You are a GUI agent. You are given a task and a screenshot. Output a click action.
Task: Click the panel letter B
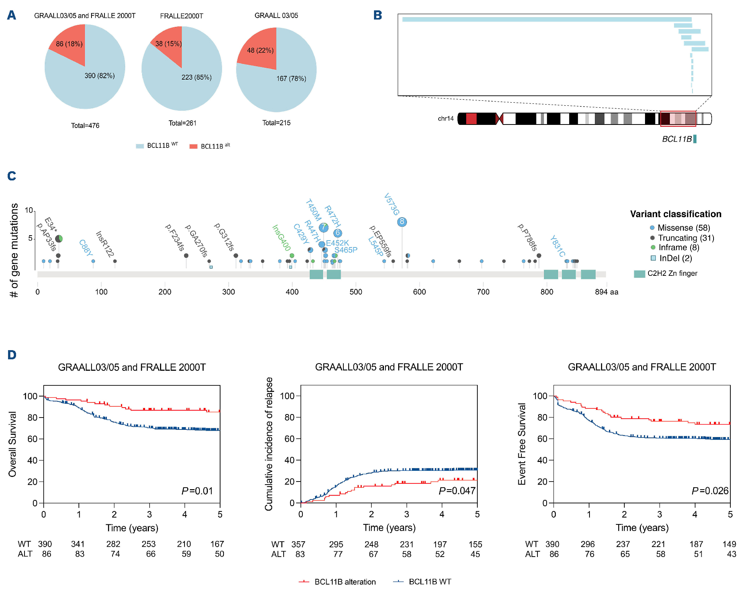click(x=377, y=15)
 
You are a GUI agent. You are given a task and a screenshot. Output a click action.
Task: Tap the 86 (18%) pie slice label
click(x=69, y=44)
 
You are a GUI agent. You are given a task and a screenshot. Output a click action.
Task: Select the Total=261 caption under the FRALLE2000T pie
click(x=183, y=123)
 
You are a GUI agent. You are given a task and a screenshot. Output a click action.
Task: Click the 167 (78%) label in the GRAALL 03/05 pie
click(x=291, y=79)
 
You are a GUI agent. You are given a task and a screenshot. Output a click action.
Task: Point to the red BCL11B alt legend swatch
click(x=193, y=146)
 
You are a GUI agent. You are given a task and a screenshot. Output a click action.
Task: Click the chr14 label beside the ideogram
click(x=446, y=118)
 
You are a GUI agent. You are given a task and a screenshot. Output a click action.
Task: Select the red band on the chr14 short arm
click(x=471, y=119)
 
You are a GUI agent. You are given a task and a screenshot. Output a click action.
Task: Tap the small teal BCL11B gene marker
click(x=695, y=139)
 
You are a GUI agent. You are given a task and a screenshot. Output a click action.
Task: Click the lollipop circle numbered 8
click(x=402, y=222)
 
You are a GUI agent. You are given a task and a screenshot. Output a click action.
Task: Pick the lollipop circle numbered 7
click(x=323, y=228)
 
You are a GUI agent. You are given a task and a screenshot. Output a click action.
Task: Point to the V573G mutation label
click(x=392, y=205)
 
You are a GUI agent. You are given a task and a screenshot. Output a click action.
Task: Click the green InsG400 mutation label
click(x=281, y=238)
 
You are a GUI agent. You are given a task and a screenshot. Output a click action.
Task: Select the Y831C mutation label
click(x=557, y=246)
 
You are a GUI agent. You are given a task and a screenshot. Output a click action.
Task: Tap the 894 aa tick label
click(x=606, y=292)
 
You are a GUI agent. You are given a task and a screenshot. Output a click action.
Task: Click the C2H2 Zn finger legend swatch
click(x=639, y=274)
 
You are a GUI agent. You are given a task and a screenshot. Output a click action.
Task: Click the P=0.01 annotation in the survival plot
click(x=197, y=491)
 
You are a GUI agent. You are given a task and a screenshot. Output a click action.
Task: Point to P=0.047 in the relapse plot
click(x=457, y=491)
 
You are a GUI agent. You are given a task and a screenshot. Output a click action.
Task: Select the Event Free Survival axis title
click(x=522, y=444)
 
